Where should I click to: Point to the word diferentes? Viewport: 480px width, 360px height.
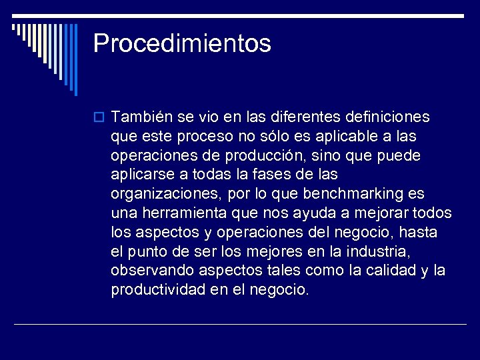pos(304,117)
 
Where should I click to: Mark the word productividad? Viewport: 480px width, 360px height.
pos(159,291)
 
